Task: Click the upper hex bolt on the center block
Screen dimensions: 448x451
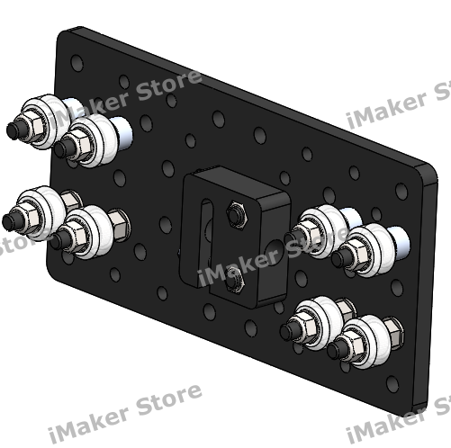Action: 237,214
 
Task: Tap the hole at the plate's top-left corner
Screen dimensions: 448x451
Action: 77,64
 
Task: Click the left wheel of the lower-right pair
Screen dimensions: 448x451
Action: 316,319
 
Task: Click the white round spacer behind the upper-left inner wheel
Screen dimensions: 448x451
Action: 123,130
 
